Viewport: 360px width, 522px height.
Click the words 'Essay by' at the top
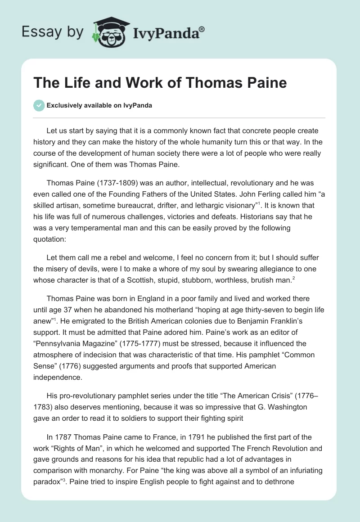(52, 32)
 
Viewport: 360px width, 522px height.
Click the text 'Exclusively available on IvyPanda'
(99, 106)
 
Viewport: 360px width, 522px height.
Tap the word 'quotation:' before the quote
(49, 240)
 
